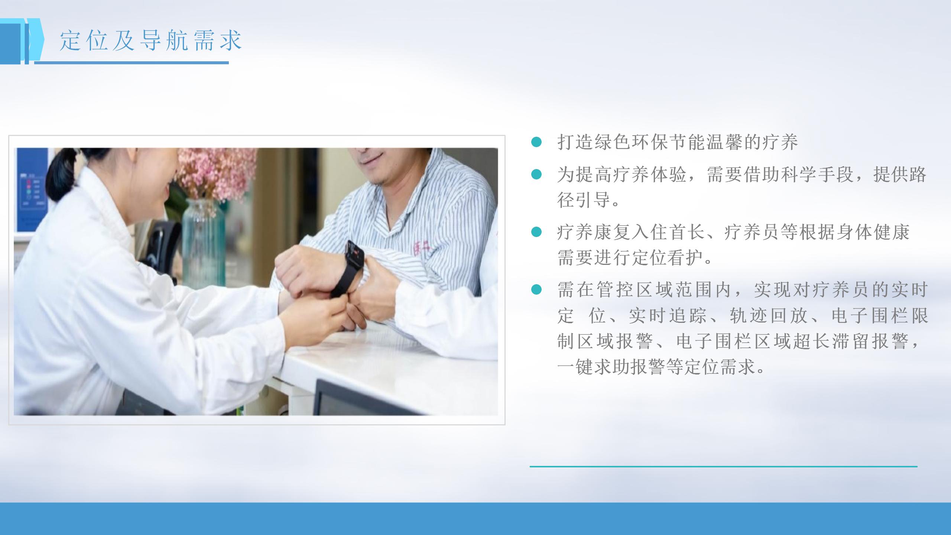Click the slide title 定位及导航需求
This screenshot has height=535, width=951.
point(151,40)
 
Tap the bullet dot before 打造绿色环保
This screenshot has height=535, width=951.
point(536,142)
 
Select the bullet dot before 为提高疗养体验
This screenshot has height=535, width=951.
point(536,174)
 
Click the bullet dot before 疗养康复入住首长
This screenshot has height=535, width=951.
point(536,232)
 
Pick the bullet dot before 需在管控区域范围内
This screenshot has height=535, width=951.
point(536,290)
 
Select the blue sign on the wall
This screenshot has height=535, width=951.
point(32,189)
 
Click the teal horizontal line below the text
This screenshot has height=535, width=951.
point(724,466)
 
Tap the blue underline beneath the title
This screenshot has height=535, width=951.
point(132,63)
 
